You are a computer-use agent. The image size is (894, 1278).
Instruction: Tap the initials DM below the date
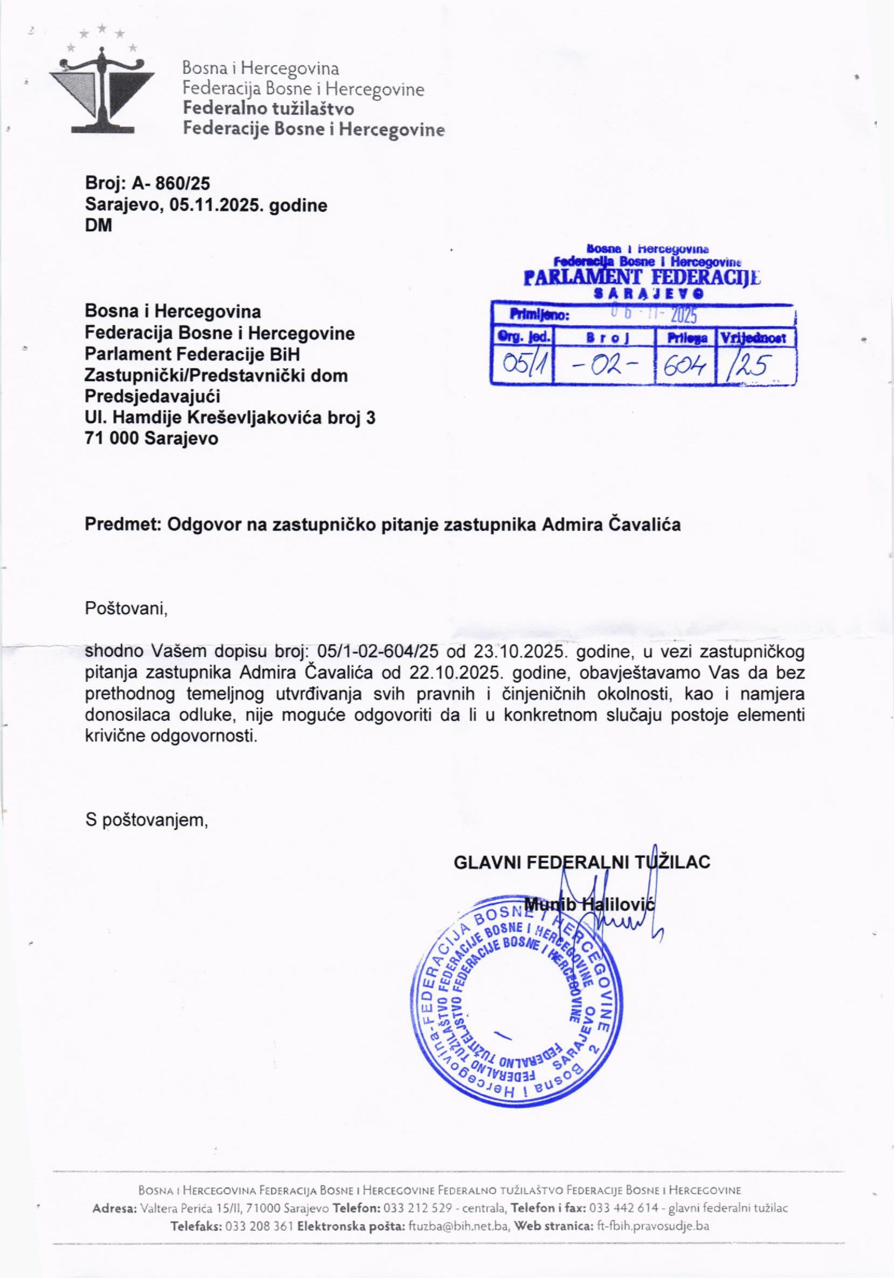pyautogui.click(x=98, y=226)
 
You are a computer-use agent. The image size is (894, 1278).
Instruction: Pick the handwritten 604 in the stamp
pyautogui.click(x=685, y=366)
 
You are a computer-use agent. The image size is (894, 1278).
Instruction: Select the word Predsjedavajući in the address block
pyautogui.click(x=152, y=396)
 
